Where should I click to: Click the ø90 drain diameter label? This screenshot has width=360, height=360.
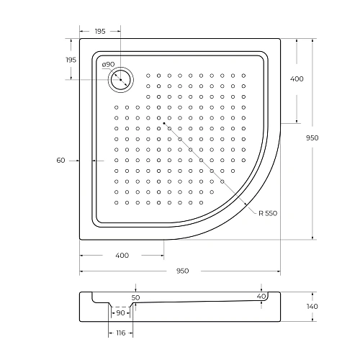pyautogui.click(x=109, y=64)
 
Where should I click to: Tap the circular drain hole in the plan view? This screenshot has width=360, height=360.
pyautogui.click(x=121, y=78)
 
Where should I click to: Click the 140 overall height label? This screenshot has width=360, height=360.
pyautogui.click(x=332, y=307)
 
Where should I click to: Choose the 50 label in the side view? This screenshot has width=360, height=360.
pyautogui.click(x=135, y=297)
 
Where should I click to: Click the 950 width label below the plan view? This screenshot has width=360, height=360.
pyautogui.click(x=182, y=271)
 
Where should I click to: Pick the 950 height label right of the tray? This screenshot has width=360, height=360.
pyautogui.click(x=332, y=138)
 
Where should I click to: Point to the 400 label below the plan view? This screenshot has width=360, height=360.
pyautogui.click(x=122, y=255)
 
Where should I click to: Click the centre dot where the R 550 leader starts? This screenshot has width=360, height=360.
pyautogui.click(x=164, y=123)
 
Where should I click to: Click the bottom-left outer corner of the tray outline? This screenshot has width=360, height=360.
pyautogui.click(x=80, y=240)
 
